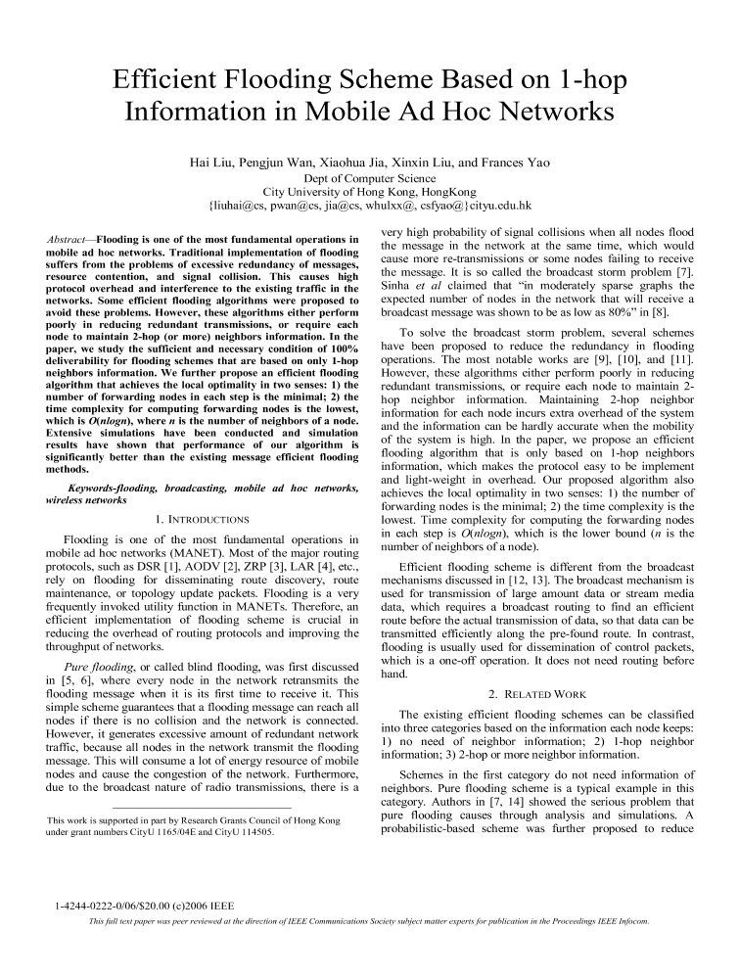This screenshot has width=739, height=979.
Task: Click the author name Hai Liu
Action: coord(211,162)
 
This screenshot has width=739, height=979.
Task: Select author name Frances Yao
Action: coord(515,162)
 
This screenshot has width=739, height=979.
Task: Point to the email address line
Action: coord(369,207)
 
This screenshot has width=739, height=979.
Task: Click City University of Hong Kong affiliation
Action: coord(369,192)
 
